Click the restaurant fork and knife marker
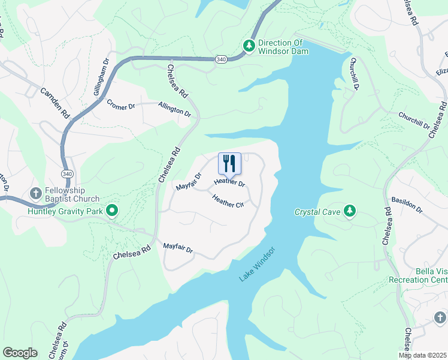point(229,163)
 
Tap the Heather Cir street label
point(228,204)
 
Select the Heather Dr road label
point(229,182)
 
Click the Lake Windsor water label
point(257,265)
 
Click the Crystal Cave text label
point(317,212)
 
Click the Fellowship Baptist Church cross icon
point(35,193)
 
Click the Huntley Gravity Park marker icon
point(111,210)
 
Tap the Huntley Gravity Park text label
point(65,210)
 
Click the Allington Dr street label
point(174,109)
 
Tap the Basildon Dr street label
point(407,205)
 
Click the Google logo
point(20,352)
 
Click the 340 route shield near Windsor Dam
point(220,59)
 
